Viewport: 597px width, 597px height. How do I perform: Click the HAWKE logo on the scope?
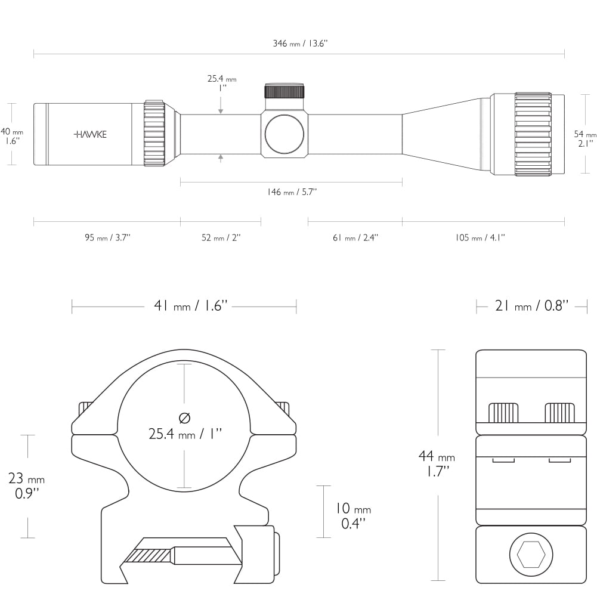[x=90, y=134]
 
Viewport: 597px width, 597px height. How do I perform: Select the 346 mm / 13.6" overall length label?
[x=300, y=44]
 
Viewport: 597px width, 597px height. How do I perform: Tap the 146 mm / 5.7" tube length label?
[x=292, y=192]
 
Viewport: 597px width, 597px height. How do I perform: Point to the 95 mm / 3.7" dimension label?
[x=107, y=237]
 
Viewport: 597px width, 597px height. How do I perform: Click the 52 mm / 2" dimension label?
[x=221, y=237]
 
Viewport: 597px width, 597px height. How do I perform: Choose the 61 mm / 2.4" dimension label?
[x=355, y=237]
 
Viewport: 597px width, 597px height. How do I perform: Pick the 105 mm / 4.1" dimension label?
[x=480, y=237]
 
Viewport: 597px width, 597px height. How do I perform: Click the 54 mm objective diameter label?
[x=585, y=138]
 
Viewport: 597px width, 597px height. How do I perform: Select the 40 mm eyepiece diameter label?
[x=11, y=137]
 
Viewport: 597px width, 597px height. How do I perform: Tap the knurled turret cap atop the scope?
[x=284, y=91]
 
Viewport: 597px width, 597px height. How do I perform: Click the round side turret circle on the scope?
[x=284, y=134]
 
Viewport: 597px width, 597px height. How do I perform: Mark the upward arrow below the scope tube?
[x=221, y=159]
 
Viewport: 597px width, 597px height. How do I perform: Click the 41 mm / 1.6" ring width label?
[x=190, y=306]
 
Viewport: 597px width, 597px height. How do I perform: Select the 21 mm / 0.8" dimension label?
[x=532, y=306]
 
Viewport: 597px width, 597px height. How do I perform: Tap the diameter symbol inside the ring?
[x=184, y=418]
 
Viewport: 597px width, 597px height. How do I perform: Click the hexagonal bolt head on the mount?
[x=531, y=555]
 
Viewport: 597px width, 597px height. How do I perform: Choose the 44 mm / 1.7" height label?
[x=437, y=463]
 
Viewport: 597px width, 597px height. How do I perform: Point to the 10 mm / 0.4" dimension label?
[x=353, y=516]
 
